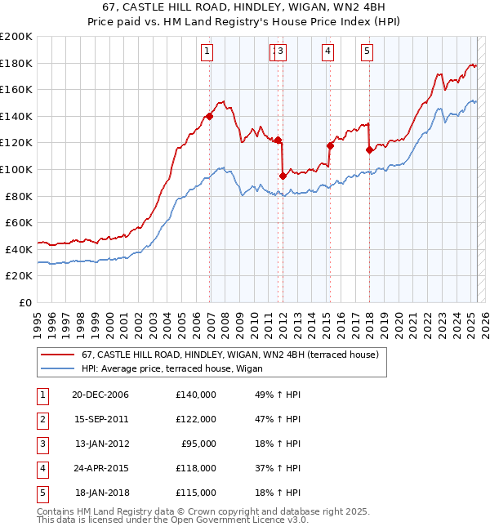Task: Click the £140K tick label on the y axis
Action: [16, 116]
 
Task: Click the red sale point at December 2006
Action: [210, 116]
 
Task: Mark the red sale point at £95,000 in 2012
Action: [283, 176]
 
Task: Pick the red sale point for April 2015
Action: [331, 145]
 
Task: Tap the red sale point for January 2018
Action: [369, 149]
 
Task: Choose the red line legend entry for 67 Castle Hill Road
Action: [229, 355]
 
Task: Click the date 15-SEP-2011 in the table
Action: [101, 419]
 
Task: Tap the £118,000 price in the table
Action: [196, 468]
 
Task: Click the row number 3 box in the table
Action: [42, 444]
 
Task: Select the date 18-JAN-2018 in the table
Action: [101, 493]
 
